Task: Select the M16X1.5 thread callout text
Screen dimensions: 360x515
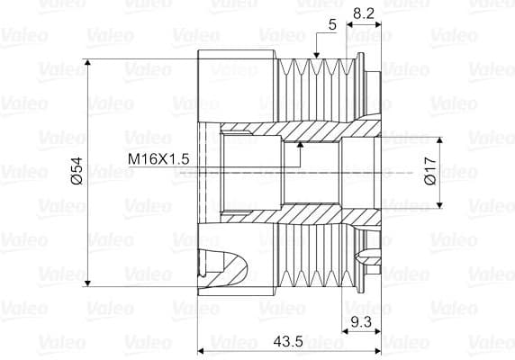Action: tap(158, 158)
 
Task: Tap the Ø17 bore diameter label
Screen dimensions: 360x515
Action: tap(429, 170)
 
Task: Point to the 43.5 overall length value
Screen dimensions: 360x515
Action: tap(287, 342)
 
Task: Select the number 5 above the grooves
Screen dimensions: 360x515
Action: tap(332, 26)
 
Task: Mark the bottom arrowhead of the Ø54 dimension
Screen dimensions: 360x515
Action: tap(88, 281)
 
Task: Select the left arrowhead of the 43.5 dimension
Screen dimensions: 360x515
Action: tap(203, 351)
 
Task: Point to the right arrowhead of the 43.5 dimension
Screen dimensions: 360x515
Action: tap(377, 351)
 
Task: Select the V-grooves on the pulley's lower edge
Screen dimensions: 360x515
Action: tap(311, 256)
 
